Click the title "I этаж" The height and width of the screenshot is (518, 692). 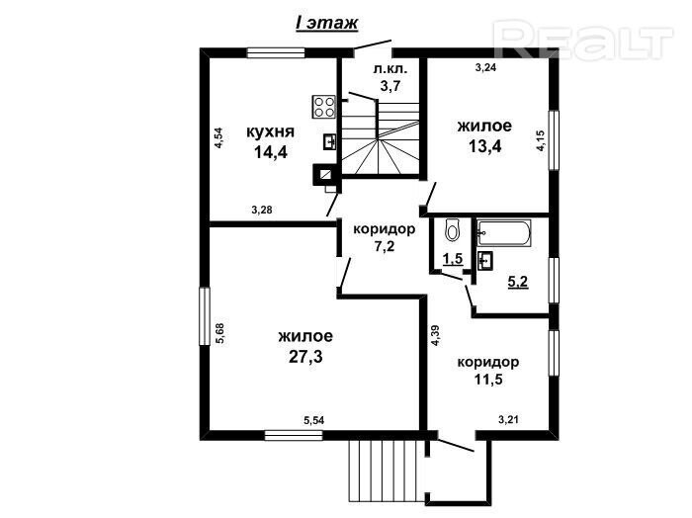pos(326,24)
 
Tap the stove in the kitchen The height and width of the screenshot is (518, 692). pos(324,107)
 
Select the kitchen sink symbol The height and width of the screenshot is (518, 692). pos(329,141)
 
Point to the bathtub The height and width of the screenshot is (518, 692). pos(503,233)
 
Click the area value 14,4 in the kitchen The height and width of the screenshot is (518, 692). pos(271,152)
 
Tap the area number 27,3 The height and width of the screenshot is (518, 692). pos(305,357)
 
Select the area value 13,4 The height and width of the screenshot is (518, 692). pos(484,146)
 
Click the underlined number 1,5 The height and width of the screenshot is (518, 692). pos(453,259)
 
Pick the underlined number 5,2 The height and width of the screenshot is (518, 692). pos(518,282)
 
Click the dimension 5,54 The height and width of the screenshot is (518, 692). pos(313,420)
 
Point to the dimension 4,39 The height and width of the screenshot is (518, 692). pos(436,335)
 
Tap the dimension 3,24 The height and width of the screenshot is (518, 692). pos(485,67)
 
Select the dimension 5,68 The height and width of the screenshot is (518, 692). pos(219,333)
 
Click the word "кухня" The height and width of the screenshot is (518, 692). pos(270,131)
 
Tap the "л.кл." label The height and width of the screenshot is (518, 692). pos(389,69)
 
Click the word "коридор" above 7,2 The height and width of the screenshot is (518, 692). pos(385,229)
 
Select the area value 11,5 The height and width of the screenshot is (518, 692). pos(488,379)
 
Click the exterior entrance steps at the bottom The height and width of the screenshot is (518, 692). pos(383,471)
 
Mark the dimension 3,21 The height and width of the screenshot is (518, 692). pos(508,419)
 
